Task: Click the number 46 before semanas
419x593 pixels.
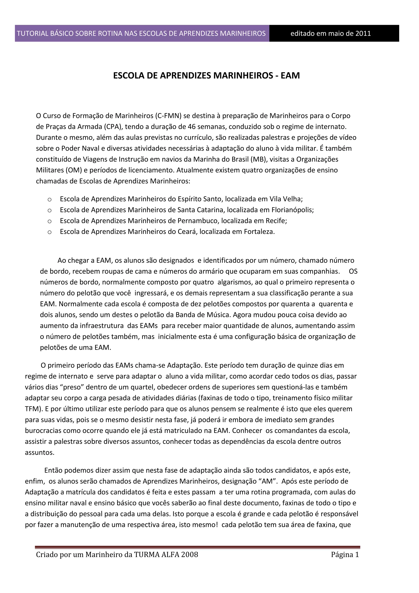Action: pos(191,127)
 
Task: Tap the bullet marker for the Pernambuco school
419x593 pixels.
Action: pos(50,221)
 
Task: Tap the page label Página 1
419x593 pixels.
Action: pos(345,554)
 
